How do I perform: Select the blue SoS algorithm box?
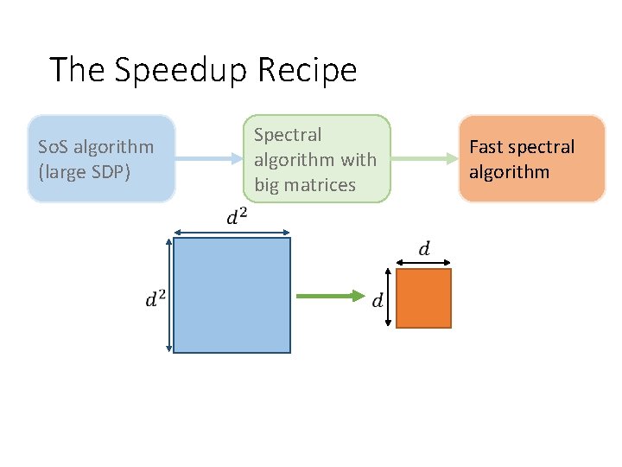tap(101, 159)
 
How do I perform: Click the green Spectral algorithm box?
tap(316, 159)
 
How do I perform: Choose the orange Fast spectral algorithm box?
tap(531, 159)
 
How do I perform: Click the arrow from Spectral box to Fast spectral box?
tap(423, 158)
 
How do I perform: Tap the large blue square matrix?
tap(232, 295)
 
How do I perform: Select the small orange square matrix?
tap(424, 298)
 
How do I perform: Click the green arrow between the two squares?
tap(329, 297)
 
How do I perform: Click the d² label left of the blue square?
tap(155, 299)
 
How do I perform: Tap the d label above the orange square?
tap(423, 249)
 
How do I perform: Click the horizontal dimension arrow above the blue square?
tap(232, 231)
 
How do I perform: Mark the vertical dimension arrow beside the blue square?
tap(169, 295)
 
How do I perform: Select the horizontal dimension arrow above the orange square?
tap(424, 262)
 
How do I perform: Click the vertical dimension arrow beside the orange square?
tap(390, 298)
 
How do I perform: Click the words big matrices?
tap(304, 184)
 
